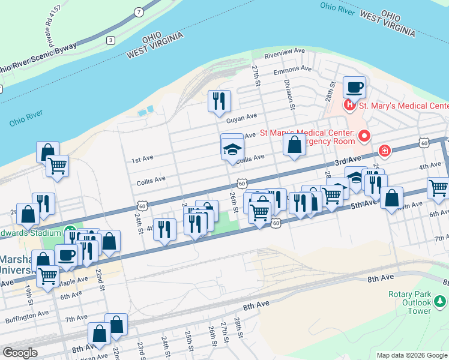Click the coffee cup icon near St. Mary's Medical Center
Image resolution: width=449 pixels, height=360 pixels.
(x=354, y=87)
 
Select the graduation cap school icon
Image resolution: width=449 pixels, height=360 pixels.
(x=232, y=148)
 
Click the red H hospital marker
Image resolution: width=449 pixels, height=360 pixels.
(x=350, y=106)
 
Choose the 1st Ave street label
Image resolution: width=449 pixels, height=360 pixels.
(x=143, y=160)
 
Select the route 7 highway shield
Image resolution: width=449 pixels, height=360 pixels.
(x=139, y=11)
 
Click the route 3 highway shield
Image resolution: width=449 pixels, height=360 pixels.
(x=110, y=40)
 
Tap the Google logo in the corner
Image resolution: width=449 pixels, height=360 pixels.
(x=20, y=353)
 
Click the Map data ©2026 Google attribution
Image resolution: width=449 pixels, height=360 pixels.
(x=412, y=355)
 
